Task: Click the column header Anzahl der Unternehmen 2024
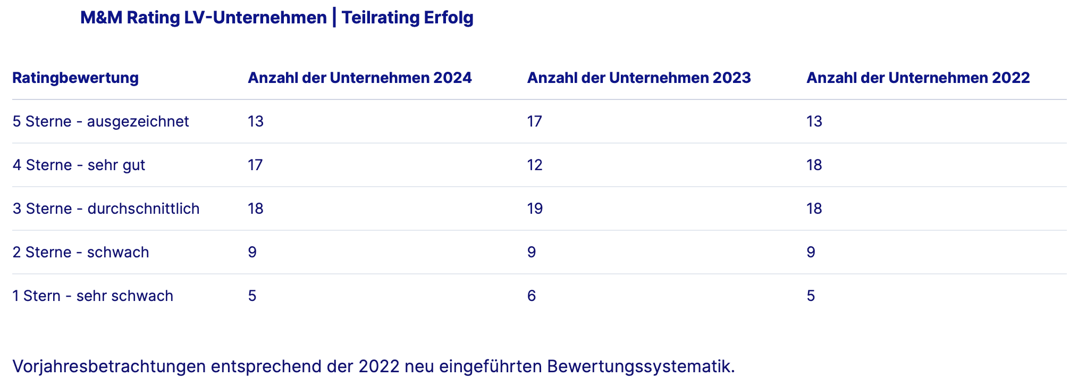(359, 78)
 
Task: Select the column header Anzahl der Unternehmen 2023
(638, 78)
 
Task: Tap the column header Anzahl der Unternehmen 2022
(917, 78)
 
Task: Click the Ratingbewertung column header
(75, 78)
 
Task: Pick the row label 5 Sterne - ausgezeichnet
(100, 122)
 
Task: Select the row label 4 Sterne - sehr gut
(79, 165)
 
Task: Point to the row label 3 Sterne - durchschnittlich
(106, 209)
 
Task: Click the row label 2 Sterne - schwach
(81, 253)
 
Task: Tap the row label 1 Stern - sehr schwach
(92, 296)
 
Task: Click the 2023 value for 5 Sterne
(534, 122)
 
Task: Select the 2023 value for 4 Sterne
(534, 165)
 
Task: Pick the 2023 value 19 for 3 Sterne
(534, 209)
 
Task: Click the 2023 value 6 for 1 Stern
(531, 296)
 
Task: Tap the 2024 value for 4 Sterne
(255, 165)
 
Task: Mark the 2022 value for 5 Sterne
(814, 122)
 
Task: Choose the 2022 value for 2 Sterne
(811, 253)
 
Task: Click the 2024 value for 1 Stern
(252, 296)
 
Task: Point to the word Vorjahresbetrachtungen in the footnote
(108, 366)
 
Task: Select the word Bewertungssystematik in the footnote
(640, 366)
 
